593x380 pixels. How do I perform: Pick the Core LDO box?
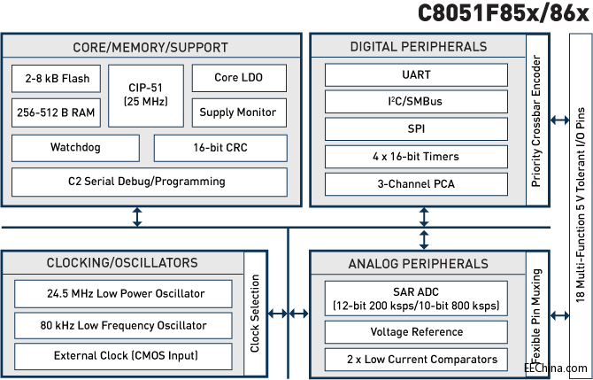(239, 79)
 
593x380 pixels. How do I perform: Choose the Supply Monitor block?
(239, 112)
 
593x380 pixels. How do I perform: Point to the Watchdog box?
(75, 147)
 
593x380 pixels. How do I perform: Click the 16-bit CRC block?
(220, 147)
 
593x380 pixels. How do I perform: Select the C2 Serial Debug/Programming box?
(148, 182)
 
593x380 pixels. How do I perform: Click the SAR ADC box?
(417, 299)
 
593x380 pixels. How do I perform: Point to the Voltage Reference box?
(417, 332)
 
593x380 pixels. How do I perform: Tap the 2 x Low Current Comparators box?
(417, 359)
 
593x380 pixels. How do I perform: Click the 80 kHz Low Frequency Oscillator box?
(123, 325)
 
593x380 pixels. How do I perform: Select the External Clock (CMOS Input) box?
(123, 356)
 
